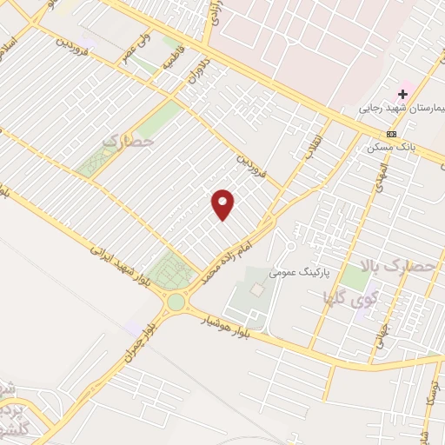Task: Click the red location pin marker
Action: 223,205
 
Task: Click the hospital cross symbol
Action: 403,93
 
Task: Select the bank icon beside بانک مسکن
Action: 392,134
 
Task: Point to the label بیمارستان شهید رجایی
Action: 402,110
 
